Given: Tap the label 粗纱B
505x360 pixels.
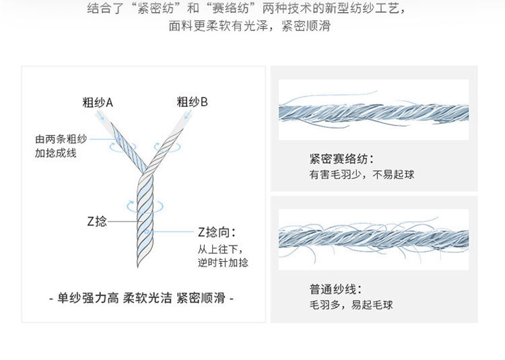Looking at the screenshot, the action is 192,102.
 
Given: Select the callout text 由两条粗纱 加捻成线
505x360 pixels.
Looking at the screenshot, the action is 61,146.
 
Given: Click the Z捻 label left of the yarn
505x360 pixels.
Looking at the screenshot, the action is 96,221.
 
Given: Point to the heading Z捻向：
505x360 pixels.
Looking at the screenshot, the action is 217,232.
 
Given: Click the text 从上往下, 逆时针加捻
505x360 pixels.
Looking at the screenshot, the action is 222,256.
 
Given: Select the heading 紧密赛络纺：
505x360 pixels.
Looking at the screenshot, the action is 341,159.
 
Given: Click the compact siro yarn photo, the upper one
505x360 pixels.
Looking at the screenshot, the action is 373,110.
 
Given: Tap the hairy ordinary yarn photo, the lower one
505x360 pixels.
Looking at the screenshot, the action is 373,238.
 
